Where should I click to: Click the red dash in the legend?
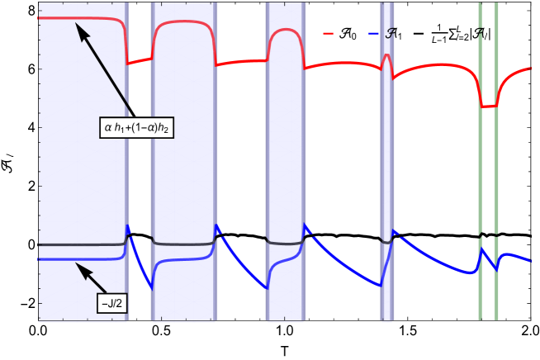coord(328,33)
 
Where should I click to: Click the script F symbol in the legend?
coord(390,33)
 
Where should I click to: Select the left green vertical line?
coord(481,165)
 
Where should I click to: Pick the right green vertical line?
coord(495,165)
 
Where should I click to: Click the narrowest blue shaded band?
coord(386,165)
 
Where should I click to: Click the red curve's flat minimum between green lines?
coord(489,107)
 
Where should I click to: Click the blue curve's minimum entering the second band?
coord(153,288)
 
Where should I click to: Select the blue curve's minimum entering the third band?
coord(268,288)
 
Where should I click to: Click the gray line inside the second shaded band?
coord(182,244)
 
